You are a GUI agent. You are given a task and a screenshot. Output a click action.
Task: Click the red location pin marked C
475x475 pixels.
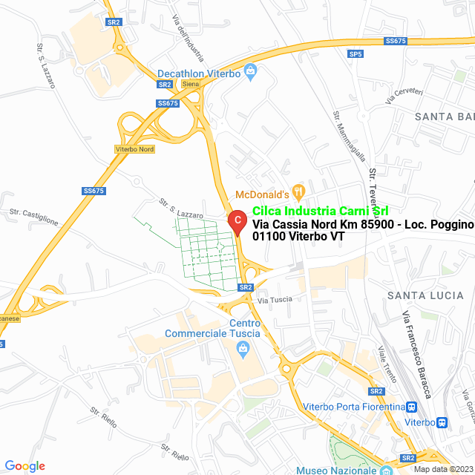pos(237,221)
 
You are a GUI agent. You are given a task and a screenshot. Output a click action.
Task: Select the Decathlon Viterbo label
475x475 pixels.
pos(199,73)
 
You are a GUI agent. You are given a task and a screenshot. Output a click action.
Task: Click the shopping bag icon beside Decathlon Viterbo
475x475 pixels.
pos(250,73)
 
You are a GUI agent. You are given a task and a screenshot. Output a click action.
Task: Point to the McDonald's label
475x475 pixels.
pos(261,194)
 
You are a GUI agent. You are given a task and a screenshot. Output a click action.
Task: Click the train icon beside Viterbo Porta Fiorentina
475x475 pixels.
pos(411,407)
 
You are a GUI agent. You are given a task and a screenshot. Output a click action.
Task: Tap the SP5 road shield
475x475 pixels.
pos(356,54)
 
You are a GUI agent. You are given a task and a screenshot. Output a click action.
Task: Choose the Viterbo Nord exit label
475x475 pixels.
pos(135,149)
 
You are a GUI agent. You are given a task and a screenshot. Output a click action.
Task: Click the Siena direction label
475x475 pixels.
pos(191,84)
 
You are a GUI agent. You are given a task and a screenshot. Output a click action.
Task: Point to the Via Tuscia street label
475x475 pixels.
pos(275,300)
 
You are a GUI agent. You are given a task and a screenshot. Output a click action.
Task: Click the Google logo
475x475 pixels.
pos(24,466)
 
